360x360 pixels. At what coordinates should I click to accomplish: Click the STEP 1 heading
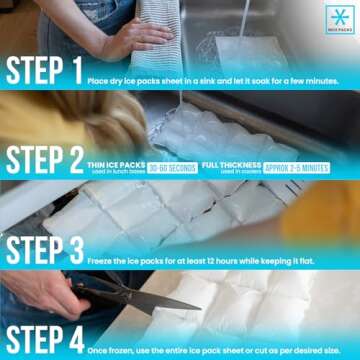pos(42,70)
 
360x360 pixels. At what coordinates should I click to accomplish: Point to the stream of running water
pos(243,20)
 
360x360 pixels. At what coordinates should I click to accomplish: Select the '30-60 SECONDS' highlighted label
pos(172,167)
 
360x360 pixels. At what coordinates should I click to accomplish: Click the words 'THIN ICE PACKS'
pos(116,164)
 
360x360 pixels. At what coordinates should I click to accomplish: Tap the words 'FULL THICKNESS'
pos(230,164)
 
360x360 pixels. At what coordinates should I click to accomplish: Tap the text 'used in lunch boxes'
pos(116,172)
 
